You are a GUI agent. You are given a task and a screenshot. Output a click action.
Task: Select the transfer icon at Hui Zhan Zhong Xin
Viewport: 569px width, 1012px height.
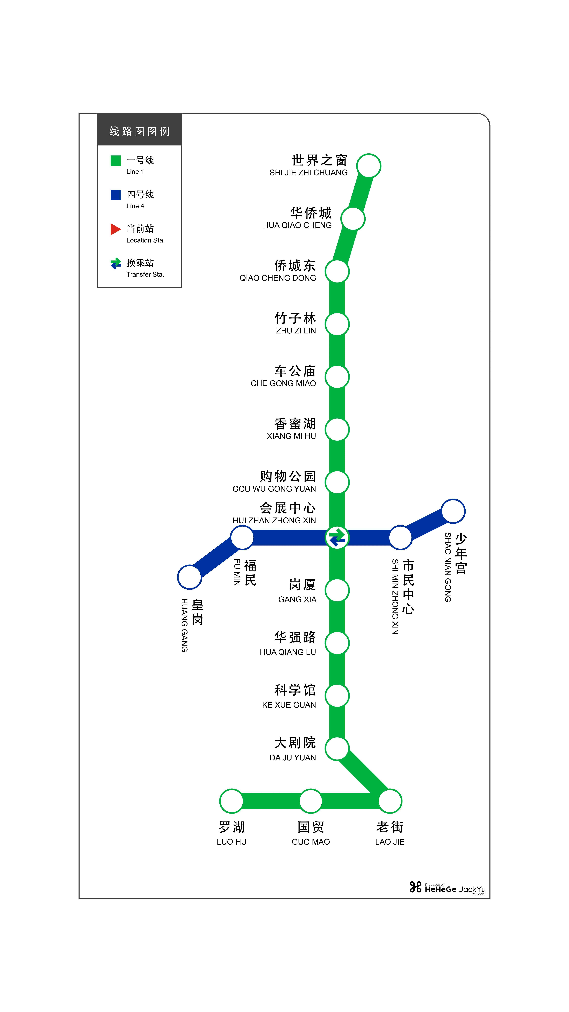337,537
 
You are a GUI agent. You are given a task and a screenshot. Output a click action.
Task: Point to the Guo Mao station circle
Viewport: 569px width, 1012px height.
311,801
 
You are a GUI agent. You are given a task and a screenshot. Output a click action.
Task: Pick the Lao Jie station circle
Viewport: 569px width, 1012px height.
390,801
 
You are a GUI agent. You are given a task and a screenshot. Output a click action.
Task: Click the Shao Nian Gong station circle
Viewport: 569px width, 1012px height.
453,511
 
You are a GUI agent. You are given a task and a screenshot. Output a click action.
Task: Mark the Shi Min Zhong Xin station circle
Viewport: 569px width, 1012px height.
400,537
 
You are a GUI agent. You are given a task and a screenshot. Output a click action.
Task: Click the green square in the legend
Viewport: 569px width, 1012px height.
116,161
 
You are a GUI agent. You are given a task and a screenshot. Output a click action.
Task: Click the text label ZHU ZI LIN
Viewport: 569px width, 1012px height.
296,331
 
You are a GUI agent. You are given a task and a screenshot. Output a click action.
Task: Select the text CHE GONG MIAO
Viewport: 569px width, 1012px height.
283,383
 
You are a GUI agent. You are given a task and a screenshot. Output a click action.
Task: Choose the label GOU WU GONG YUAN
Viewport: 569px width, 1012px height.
274,489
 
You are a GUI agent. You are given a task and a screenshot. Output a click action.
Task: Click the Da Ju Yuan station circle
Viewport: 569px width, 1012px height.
337,748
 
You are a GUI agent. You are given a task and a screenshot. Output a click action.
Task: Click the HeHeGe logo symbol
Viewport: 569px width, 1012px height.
415,887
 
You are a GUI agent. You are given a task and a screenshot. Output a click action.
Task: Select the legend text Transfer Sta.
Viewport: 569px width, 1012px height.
145,274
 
